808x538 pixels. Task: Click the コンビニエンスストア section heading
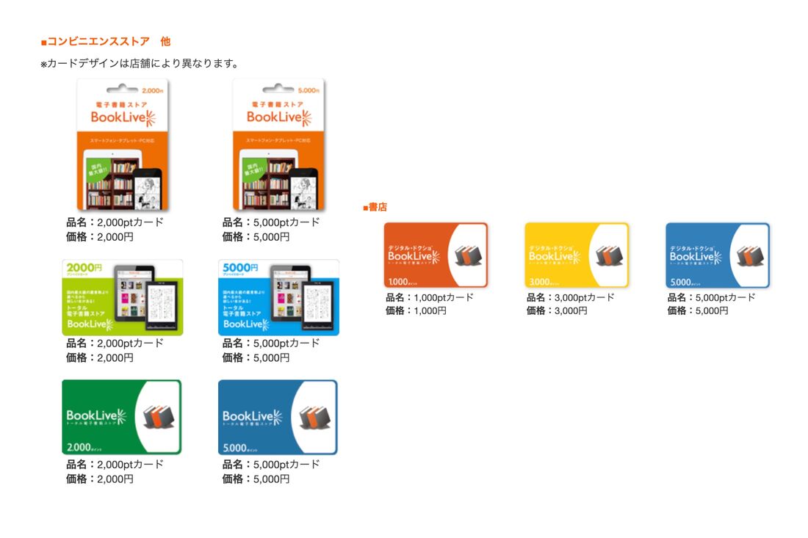tap(106, 42)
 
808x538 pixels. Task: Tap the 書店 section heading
tap(375, 208)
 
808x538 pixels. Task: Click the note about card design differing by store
tap(139, 64)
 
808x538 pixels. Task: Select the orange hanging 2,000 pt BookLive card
tap(123, 145)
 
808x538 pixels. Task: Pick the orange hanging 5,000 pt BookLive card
tap(278, 145)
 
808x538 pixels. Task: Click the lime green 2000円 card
tap(123, 297)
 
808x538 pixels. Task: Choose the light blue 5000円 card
tap(278, 297)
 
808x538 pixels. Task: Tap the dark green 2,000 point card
tap(122, 417)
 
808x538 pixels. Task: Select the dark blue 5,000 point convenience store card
tap(278, 417)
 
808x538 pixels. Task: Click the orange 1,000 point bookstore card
tap(436, 255)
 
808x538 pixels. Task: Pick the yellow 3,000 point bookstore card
tap(577, 255)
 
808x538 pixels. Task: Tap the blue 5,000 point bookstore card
tap(718, 255)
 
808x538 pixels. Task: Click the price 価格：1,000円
tap(416, 310)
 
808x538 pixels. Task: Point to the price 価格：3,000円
tap(558, 310)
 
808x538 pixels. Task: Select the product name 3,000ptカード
tap(571, 297)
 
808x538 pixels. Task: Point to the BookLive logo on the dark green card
tap(96, 417)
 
